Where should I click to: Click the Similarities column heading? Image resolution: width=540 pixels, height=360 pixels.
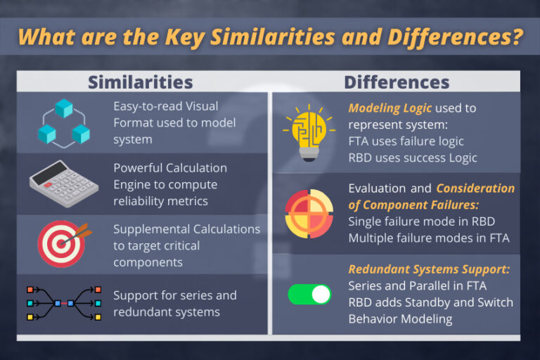(x=141, y=82)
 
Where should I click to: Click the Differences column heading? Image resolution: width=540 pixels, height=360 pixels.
(x=397, y=82)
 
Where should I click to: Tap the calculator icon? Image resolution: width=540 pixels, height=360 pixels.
(x=63, y=185)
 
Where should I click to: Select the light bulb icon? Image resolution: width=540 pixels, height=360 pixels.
(x=304, y=132)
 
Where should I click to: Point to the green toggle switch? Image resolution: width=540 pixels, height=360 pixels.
(x=309, y=294)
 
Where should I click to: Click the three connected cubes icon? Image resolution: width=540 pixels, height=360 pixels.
(x=64, y=122)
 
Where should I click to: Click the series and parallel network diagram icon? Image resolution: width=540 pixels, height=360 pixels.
(x=63, y=303)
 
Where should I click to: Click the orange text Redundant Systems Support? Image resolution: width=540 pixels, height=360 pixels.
(x=430, y=270)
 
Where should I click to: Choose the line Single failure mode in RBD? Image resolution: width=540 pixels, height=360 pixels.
(x=421, y=221)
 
